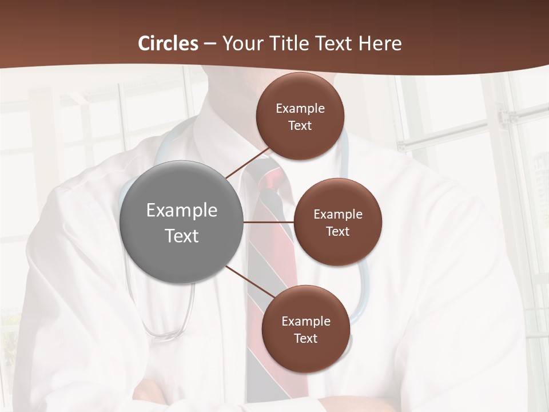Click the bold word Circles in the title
168,43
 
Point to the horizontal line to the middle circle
269,221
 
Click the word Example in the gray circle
181,210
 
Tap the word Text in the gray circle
181,236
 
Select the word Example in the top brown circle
300,108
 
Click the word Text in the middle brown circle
337,231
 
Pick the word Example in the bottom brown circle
305,321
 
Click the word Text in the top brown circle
300,125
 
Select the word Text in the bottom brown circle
305,338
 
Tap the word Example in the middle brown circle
337,214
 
